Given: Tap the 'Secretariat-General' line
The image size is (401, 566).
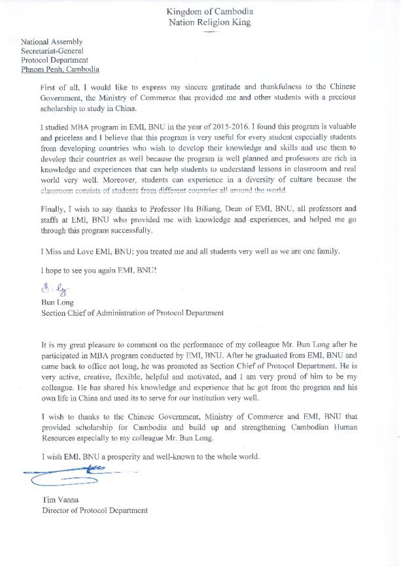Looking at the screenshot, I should pyautogui.click(x=52, y=50).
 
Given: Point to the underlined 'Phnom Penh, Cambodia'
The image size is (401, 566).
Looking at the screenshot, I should pyautogui.click(x=60, y=69).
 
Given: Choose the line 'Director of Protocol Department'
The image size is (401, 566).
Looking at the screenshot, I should pyautogui.click(x=94, y=510).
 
